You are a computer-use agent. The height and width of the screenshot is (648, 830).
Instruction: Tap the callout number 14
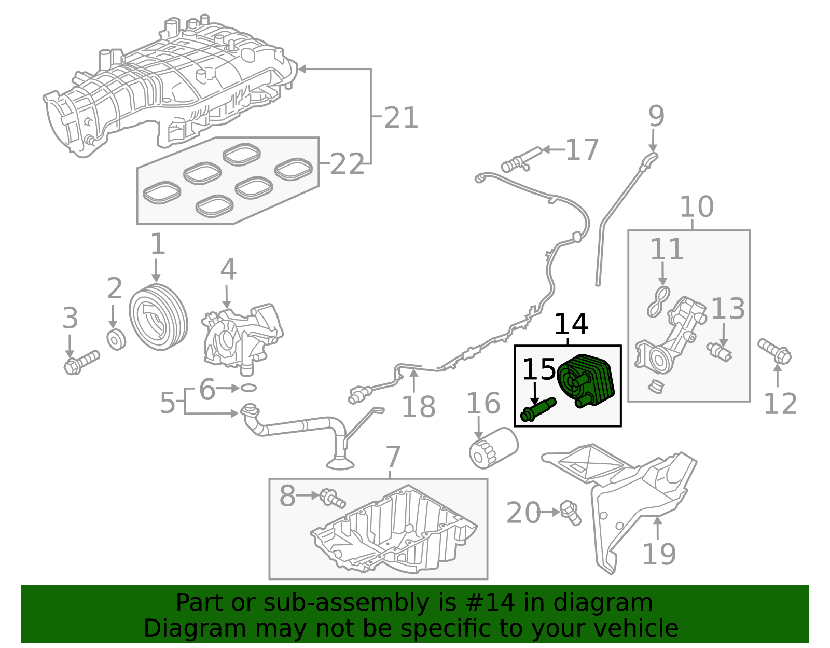(x=571, y=325)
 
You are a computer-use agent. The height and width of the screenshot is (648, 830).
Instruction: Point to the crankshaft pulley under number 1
(x=158, y=317)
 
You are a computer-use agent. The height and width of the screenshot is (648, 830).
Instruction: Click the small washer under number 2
(x=116, y=339)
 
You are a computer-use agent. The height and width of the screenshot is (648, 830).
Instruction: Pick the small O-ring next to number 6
(x=248, y=388)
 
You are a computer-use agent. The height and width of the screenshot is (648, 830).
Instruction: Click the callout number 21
(x=400, y=118)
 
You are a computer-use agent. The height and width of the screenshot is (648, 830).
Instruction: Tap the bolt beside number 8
(x=332, y=498)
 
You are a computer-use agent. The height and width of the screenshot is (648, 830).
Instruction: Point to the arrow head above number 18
(x=413, y=372)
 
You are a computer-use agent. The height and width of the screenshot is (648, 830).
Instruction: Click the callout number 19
(x=658, y=554)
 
